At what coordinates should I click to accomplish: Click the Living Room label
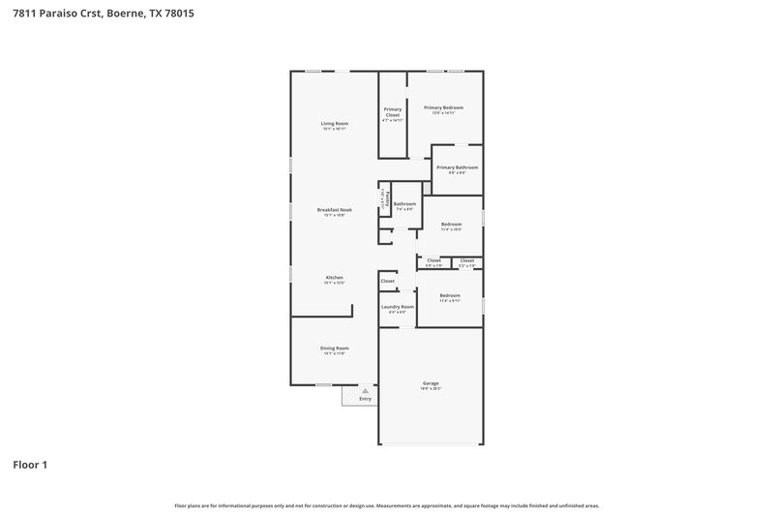click(x=335, y=124)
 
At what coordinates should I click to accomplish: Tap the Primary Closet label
click(x=392, y=112)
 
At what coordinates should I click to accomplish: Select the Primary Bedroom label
click(x=446, y=107)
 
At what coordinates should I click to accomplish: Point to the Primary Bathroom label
click(x=457, y=167)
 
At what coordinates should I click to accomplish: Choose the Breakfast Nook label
click(x=335, y=210)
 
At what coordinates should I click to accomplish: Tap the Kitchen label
click(x=334, y=278)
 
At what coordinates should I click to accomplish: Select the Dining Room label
click(x=335, y=349)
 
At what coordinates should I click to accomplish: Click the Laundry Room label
click(x=397, y=307)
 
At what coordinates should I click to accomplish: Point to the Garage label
click(x=431, y=383)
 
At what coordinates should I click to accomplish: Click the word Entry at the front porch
click(x=365, y=398)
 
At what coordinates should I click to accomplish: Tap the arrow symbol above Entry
click(x=365, y=389)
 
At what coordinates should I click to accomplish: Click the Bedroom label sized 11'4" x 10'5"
click(x=451, y=225)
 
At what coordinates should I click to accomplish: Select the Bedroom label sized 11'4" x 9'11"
click(x=450, y=295)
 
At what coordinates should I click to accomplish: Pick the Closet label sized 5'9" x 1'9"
click(x=433, y=260)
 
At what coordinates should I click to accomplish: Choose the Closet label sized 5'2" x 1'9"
click(x=467, y=260)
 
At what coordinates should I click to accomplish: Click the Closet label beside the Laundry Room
click(x=387, y=281)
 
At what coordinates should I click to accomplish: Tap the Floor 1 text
click(x=29, y=465)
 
